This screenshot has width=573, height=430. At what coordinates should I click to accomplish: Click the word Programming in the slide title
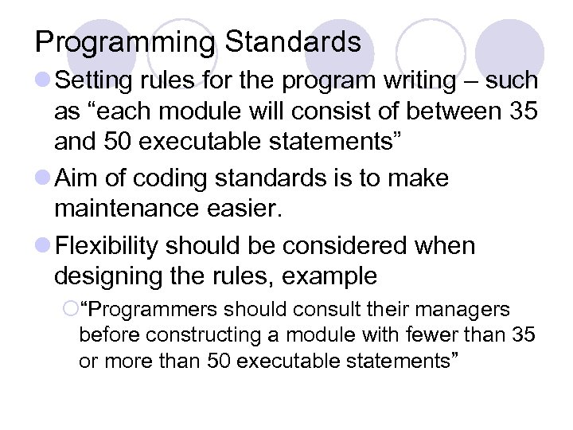123,42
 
